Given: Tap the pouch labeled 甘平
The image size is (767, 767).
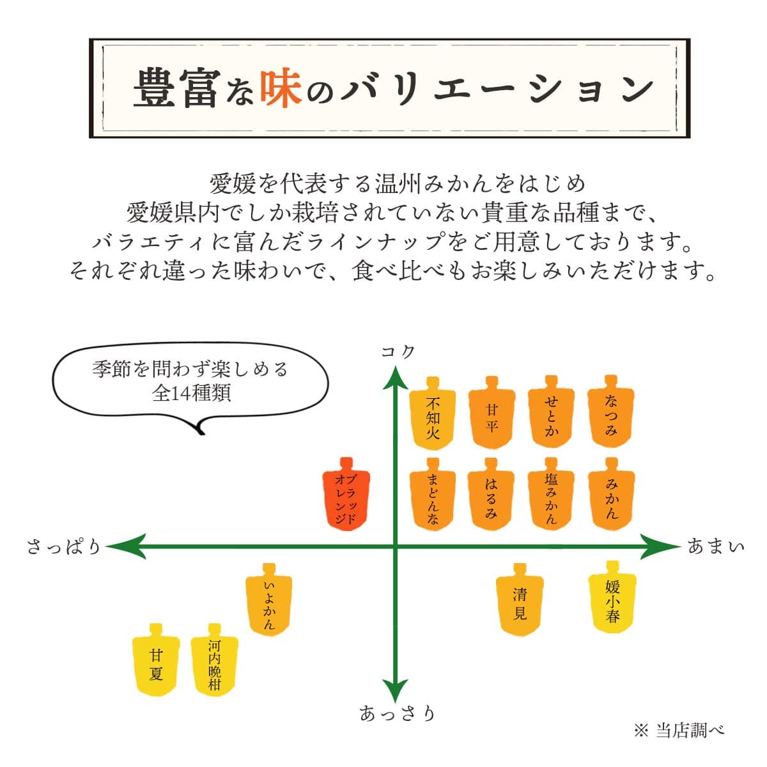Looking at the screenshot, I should point(491,416).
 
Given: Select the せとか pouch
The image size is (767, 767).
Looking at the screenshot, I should point(551,416).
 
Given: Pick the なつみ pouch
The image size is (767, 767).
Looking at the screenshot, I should point(610,416).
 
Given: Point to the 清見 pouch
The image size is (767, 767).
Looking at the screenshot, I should point(520,602).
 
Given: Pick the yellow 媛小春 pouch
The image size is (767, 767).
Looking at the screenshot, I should point(612,600).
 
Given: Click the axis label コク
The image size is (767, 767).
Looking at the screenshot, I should point(398,352).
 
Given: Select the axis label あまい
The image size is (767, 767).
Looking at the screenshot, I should point(716,546).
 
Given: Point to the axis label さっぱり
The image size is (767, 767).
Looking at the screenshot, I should point(64,547).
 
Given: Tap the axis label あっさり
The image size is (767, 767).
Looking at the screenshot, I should point(397,713).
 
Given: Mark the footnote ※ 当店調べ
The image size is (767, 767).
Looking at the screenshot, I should point(679,730).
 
